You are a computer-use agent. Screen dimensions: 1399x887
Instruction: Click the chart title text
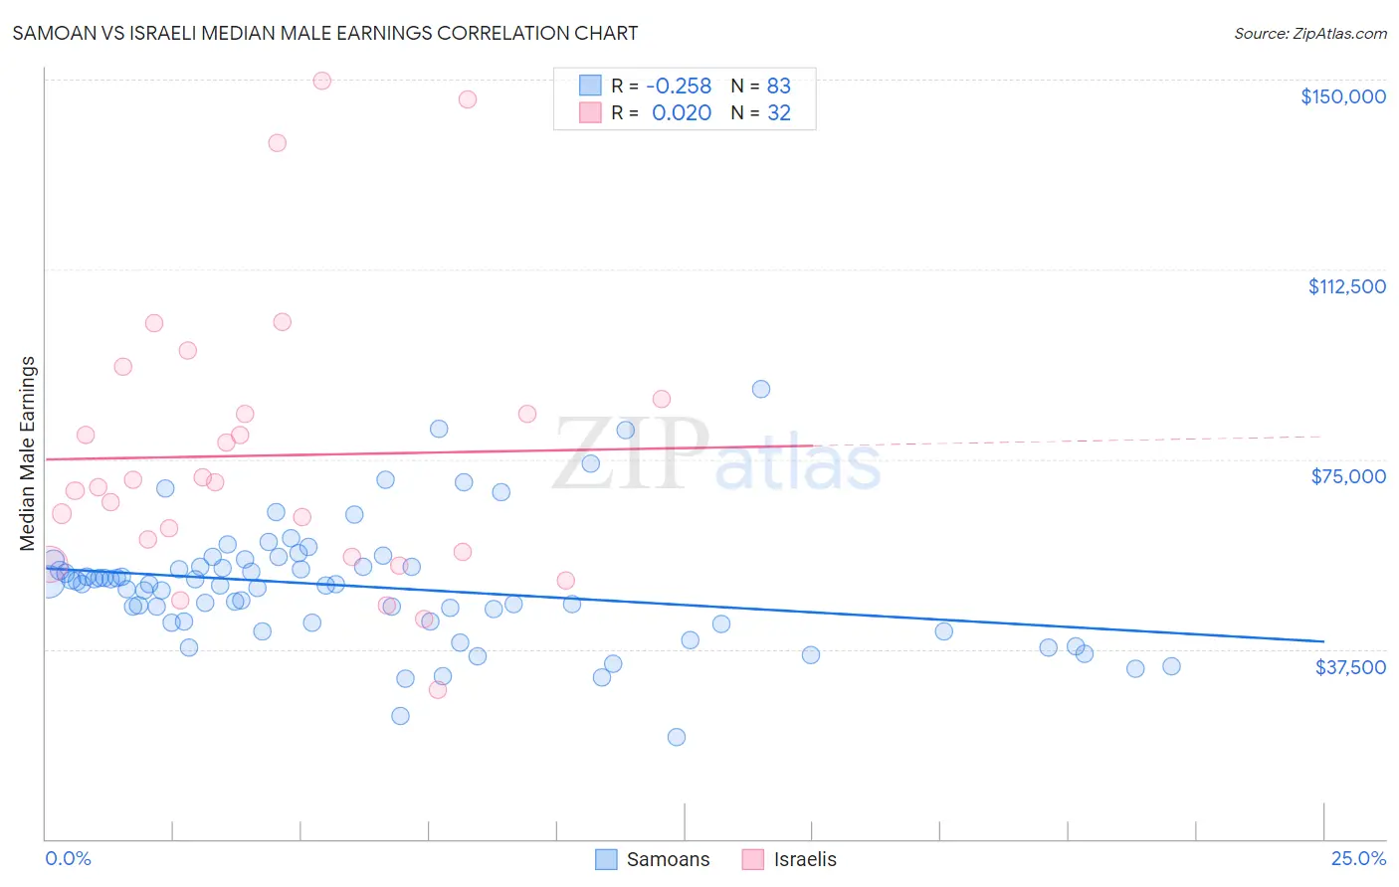[x=324, y=33]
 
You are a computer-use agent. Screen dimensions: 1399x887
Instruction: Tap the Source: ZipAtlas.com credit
[x=1309, y=33]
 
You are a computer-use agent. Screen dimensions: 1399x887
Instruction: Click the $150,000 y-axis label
[x=1342, y=96]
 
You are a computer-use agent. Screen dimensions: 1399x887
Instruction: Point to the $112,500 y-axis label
[x=1346, y=286]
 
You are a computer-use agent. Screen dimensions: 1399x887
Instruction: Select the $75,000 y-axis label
[x=1347, y=476]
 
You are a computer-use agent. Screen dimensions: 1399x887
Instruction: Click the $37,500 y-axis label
[x=1349, y=667]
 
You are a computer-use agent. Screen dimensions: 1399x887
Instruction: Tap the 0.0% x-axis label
[x=68, y=858]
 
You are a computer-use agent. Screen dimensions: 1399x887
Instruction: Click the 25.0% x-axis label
[x=1357, y=858]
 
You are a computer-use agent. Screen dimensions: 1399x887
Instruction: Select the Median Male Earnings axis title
[x=28, y=453]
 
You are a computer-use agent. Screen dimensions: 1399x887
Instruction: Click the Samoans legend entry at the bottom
[x=653, y=859]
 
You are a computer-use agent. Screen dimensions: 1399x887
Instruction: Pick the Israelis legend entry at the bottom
[x=790, y=859]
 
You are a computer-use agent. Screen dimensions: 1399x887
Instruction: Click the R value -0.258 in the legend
[x=679, y=86]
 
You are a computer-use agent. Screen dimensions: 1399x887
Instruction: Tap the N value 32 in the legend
[x=778, y=113]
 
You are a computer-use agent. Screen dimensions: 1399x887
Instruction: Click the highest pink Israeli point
[x=321, y=81]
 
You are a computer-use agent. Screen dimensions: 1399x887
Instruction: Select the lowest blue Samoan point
[x=677, y=737]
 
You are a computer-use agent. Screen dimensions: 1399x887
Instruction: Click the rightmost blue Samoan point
[x=1171, y=666]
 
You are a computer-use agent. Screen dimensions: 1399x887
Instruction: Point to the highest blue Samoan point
[x=761, y=389]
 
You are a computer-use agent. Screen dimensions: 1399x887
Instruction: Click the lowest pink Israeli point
[x=438, y=689]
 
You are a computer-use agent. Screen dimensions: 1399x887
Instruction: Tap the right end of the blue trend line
[x=1323, y=641]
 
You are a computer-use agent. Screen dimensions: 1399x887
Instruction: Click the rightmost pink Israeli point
[x=662, y=399]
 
